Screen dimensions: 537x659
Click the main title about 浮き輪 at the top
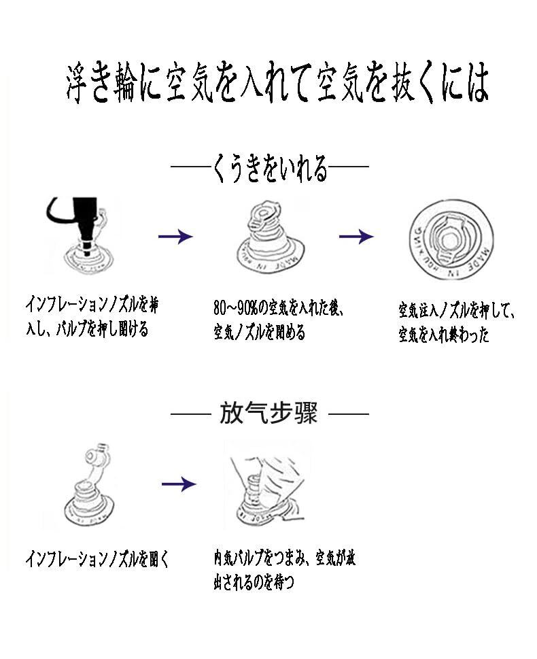pos(277,84)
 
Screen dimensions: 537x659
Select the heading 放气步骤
pos(268,413)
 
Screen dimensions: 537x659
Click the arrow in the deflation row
pos(178,484)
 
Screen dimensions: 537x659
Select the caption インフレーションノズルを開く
pos(97,560)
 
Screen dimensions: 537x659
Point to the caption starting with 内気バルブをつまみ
pos(284,559)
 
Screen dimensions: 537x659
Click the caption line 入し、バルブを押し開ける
pos(86,331)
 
